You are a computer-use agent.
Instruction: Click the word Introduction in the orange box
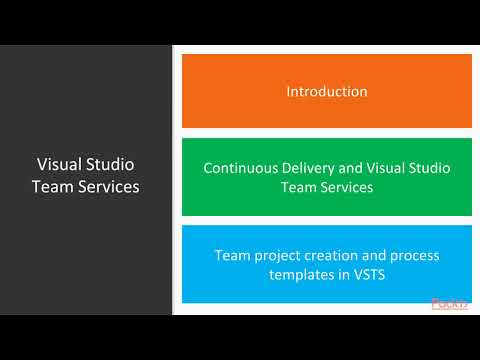click(327, 91)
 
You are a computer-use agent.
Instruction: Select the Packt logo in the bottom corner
click(449, 304)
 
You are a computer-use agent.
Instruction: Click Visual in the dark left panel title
click(58, 164)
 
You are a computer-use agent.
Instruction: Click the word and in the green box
click(349, 168)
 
